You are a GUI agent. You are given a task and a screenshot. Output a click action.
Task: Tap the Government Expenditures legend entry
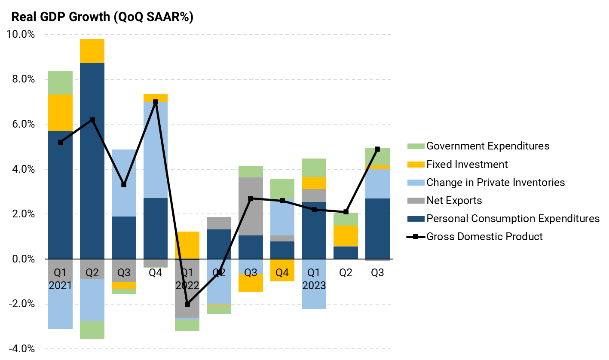pos(488,146)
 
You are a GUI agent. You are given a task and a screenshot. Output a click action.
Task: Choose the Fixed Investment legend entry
pos(467,165)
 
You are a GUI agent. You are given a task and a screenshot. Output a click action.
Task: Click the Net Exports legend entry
pos(454,201)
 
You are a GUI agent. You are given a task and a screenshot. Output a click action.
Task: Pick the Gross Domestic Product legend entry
pos(484,237)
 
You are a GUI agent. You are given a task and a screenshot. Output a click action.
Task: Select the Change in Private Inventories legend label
pos(496,183)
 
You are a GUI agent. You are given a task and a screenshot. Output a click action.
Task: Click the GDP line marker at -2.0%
pos(187,304)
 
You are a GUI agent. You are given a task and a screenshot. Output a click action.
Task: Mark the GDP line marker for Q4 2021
pos(156,102)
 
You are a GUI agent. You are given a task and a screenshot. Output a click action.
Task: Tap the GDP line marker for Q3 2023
pos(377,149)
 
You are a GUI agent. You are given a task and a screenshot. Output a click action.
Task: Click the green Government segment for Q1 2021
pos(60,82)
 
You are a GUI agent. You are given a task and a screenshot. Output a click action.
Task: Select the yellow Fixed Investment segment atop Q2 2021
pos(92,51)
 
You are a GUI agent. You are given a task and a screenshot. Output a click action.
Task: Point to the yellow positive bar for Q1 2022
pos(187,245)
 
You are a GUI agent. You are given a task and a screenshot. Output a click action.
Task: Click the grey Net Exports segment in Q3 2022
pos(251,206)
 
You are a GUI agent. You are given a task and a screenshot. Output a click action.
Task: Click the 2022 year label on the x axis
pos(187,285)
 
